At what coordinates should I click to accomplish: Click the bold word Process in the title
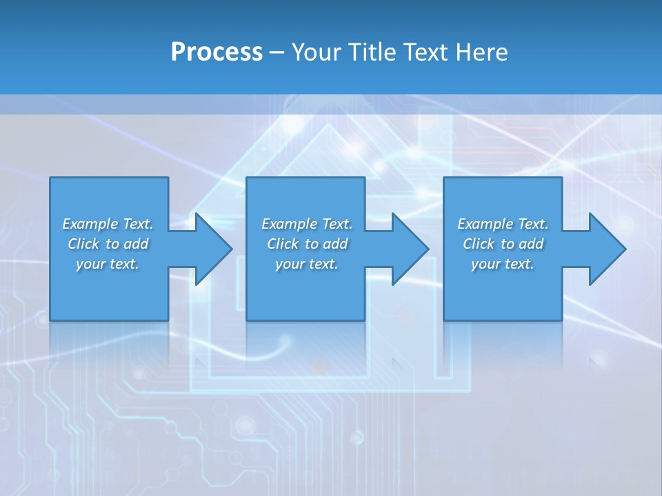pos(217,52)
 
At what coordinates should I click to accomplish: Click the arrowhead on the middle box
pos(409,249)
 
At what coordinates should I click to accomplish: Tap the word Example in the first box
pos(90,224)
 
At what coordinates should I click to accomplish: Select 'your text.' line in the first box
pos(108,264)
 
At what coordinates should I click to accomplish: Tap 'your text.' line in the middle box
pos(307,264)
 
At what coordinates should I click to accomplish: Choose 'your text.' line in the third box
pos(503,264)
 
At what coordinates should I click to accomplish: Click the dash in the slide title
pos(277,52)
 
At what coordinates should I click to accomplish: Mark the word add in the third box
pos(531,244)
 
